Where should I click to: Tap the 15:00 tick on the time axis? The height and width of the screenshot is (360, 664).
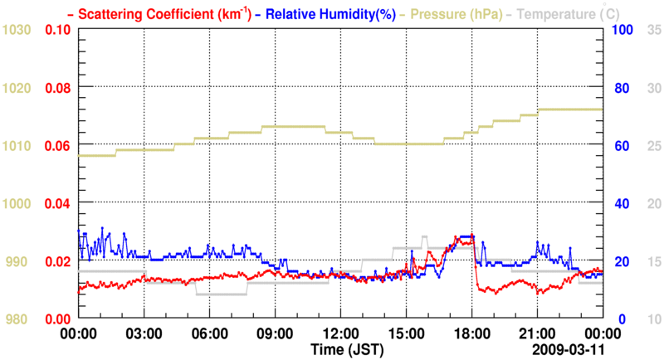coord(406,335)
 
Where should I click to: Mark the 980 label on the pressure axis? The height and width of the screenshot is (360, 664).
coord(19,319)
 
